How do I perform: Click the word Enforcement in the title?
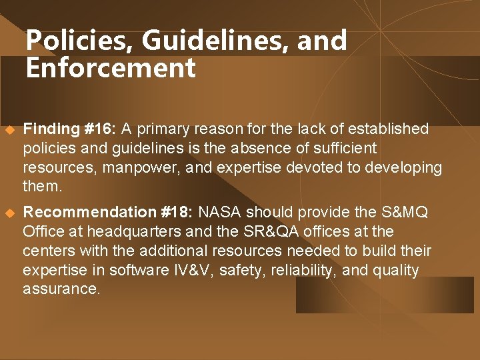(x=111, y=68)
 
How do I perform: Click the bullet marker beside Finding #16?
(x=9, y=129)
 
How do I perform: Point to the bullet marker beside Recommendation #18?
(x=9, y=213)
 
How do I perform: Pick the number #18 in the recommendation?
(x=177, y=212)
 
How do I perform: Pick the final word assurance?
(x=61, y=289)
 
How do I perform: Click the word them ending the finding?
(x=41, y=187)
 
